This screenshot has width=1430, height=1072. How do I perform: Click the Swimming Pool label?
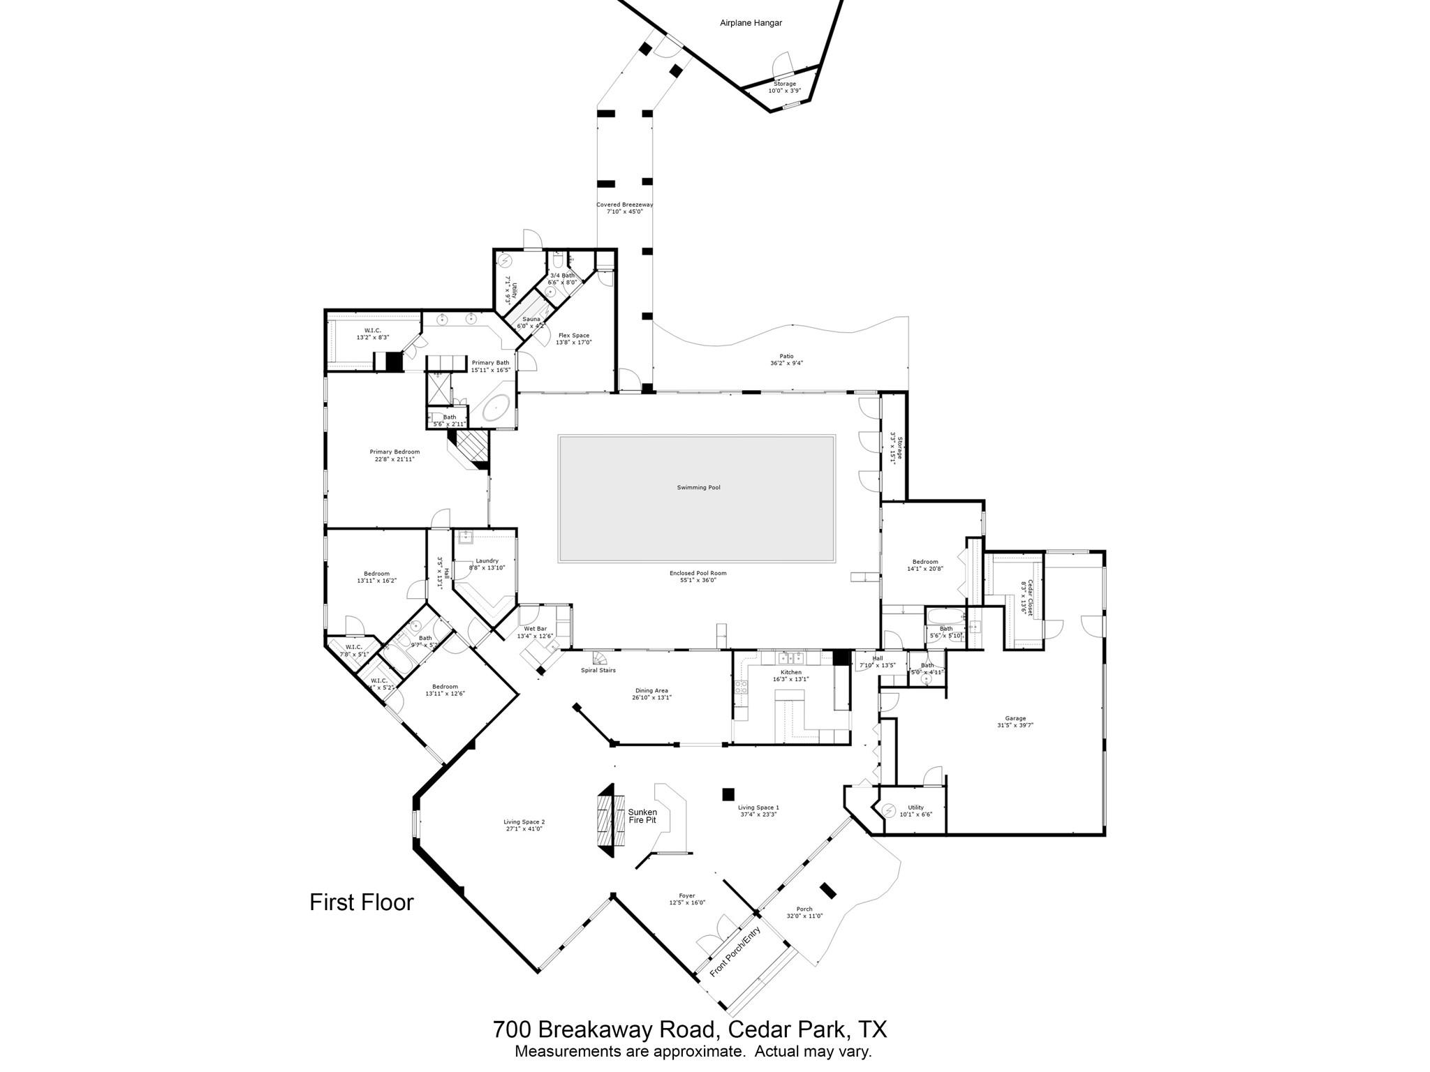(698, 487)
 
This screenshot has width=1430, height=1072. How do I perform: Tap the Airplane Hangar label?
(751, 23)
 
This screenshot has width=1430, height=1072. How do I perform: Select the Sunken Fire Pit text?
(642, 816)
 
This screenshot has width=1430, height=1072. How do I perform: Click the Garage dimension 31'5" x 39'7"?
(1015, 725)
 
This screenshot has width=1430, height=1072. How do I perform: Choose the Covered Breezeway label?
(624, 204)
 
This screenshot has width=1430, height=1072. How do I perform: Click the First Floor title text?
(362, 902)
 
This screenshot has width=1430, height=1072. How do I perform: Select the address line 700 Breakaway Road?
(689, 1029)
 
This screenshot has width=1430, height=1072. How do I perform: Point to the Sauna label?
(531, 319)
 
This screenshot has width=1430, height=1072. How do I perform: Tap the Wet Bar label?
(535, 629)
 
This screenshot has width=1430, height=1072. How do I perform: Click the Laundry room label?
(487, 560)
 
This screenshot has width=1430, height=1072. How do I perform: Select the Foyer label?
(686, 895)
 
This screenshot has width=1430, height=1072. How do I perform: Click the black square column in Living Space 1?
(728, 794)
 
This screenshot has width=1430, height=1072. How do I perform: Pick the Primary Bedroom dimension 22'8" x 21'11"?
(395, 459)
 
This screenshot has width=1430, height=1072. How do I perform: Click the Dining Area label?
(651, 690)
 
